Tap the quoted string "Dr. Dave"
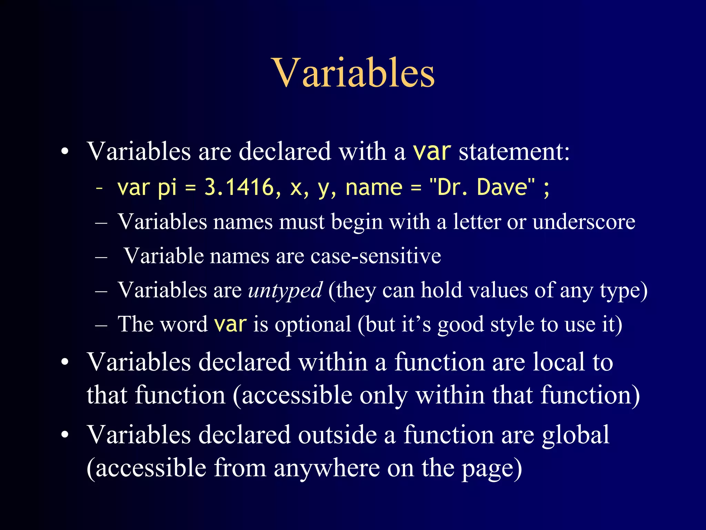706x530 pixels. coord(482,187)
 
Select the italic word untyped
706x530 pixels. coord(285,290)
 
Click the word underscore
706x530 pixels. coord(584,222)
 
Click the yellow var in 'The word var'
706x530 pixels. coord(230,324)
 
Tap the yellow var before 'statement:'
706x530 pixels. coord(432,152)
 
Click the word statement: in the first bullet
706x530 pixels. coord(514,152)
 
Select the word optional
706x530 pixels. coord(313,324)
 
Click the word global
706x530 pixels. coord(575,435)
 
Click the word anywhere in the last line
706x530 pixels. coord(326,469)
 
